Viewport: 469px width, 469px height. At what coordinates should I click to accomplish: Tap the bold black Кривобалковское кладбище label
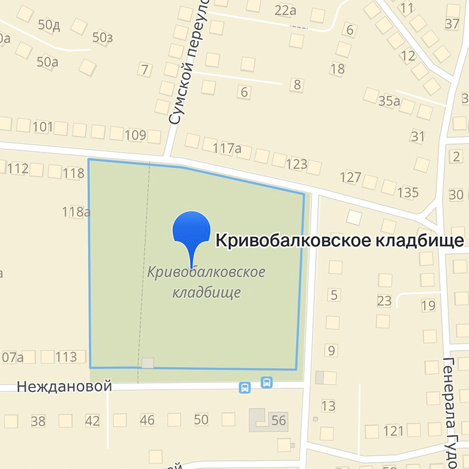(340, 241)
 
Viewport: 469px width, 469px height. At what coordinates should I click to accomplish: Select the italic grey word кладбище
(207, 292)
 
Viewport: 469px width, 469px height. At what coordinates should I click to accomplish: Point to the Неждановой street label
(64, 387)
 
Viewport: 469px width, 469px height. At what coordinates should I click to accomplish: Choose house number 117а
(227, 148)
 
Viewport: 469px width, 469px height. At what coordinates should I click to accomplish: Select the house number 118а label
(76, 212)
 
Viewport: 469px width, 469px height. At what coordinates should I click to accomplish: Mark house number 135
(407, 192)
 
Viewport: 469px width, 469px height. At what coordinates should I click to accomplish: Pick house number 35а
(388, 101)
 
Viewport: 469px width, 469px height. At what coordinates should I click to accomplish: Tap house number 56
(278, 420)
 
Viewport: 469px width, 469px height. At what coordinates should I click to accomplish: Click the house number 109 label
(135, 135)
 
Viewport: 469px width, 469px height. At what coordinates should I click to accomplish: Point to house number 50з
(102, 38)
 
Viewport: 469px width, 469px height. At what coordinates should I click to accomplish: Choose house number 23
(384, 301)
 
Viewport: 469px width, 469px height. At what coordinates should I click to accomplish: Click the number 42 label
(92, 420)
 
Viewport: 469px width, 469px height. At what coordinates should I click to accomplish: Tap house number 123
(297, 164)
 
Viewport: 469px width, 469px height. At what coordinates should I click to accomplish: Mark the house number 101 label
(43, 127)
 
